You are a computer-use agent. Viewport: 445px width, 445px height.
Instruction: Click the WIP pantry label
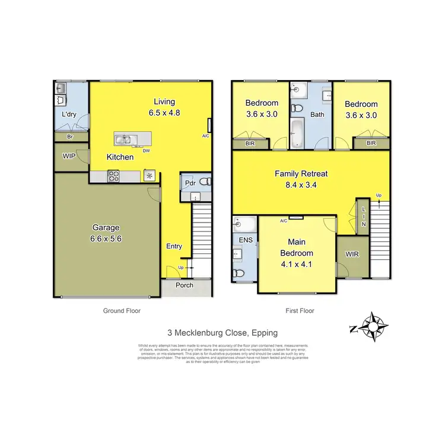69,157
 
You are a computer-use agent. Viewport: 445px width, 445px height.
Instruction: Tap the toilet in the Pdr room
204,182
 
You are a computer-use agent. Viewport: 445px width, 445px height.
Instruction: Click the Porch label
184,285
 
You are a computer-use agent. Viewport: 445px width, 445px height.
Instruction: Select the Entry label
174,246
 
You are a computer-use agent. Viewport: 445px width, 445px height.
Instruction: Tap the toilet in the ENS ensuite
239,273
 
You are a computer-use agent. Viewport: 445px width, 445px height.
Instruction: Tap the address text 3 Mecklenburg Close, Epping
223,333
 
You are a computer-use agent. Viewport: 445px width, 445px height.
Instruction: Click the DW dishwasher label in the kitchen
145,150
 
